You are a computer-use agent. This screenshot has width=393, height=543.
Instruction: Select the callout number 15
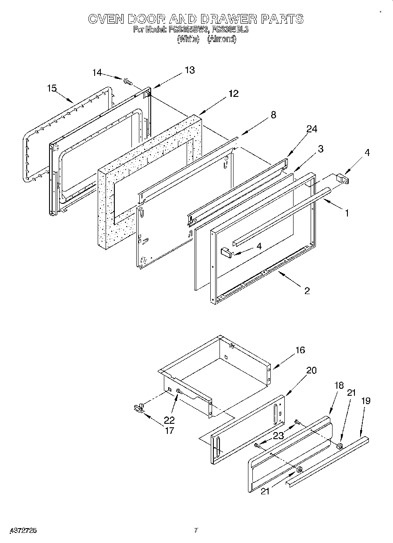click(x=52, y=89)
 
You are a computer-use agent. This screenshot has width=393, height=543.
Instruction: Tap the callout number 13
click(x=189, y=70)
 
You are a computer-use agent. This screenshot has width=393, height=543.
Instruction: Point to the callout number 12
click(x=233, y=93)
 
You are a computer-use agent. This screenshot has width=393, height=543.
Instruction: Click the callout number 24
click(x=312, y=129)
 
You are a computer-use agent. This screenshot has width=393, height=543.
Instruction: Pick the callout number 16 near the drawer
click(x=300, y=350)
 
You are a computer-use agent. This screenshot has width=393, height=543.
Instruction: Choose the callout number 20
click(x=311, y=370)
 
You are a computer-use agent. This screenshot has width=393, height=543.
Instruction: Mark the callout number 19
click(x=366, y=400)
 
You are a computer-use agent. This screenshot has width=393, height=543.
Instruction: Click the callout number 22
click(x=170, y=419)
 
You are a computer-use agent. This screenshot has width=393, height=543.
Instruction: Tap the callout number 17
click(x=170, y=430)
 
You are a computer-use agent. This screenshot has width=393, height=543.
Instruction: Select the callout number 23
click(x=279, y=436)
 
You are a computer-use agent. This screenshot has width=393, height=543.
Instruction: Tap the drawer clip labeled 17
click(x=139, y=408)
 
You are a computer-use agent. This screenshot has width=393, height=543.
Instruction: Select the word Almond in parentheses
click(x=222, y=39)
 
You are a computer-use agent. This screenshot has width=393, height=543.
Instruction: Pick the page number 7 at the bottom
click(x=196, y=530)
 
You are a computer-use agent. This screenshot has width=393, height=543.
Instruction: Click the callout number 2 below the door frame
click(x=307, y=291)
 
